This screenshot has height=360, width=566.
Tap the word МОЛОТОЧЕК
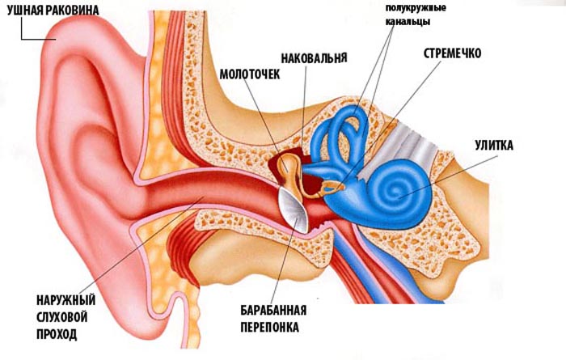coord(247,74)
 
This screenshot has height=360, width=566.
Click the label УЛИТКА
coord(495,145)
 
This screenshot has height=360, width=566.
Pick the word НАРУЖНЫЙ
coord(62,298)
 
